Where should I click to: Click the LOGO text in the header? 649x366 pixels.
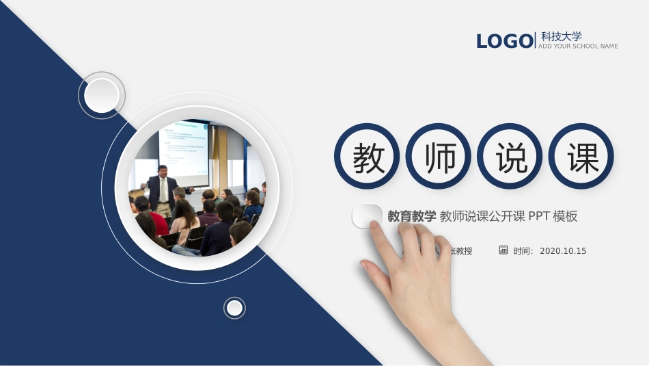coord(504,42)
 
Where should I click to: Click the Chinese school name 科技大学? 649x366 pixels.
coord(562,36)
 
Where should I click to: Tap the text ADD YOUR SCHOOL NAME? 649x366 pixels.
coord(578,47)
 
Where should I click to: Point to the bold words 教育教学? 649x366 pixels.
coord(411,217)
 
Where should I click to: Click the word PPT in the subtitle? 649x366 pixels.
coord(539,217)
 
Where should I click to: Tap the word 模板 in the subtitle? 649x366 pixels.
coord(566,217)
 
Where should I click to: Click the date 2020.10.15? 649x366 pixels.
coord(563,251)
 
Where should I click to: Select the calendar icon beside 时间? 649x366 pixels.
coord(503,250)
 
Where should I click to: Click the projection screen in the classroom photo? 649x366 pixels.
coord(183,146)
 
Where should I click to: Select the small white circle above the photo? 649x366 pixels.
coord(102,95)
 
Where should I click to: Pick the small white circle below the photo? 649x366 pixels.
coord(234,308)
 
